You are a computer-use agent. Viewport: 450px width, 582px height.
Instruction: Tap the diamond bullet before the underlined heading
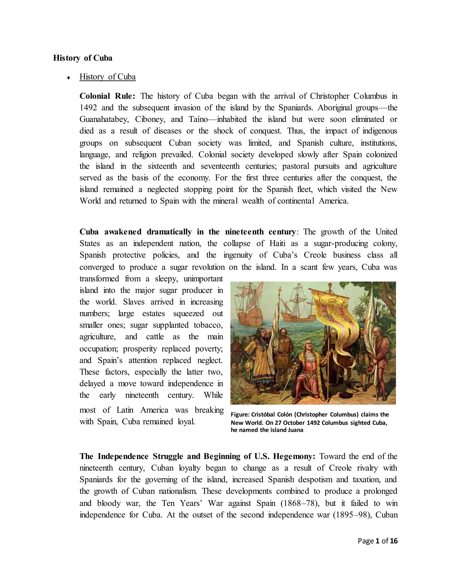(69, 78)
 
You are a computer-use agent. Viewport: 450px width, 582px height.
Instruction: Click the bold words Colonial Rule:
(107, 96)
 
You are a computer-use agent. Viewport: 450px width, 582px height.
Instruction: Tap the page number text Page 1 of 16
(377, 541)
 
